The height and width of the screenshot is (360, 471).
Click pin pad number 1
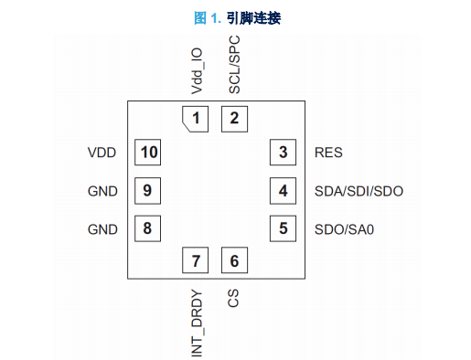click(x=196, y=119)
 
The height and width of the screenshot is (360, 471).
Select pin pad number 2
click(x=234, y=119)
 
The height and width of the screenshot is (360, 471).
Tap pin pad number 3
click(x=283, y=153)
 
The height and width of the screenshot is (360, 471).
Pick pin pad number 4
click(x=283, y=191)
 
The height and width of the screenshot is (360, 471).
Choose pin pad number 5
click(x=283, y=228)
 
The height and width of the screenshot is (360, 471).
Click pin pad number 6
click(x=234, y=260)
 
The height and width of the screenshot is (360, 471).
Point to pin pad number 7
click(x=196, y=260)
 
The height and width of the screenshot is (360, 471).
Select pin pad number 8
click(x=148, y=228)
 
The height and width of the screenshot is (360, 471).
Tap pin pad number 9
click(x=148, y=191)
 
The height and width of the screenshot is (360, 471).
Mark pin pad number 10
click(x=148, y=153)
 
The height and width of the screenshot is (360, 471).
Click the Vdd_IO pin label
click(x=197, y=71)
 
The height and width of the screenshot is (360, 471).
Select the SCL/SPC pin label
click(x=234, y=65)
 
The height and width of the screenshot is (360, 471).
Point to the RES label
click(x=328, y=153)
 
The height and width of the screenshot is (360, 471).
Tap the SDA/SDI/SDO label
click(x=359, y=191)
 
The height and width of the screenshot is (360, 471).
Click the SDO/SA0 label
click(x=344, y=229)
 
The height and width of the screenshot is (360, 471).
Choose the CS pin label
click(x=233, y=298)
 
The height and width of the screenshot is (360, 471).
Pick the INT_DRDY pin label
click(x=197, y=323)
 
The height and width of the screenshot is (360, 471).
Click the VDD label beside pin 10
click(x=102, y=153)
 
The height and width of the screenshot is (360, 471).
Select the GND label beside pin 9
click(x=102, y=191)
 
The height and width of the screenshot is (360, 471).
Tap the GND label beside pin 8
click(x=102, y=229)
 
